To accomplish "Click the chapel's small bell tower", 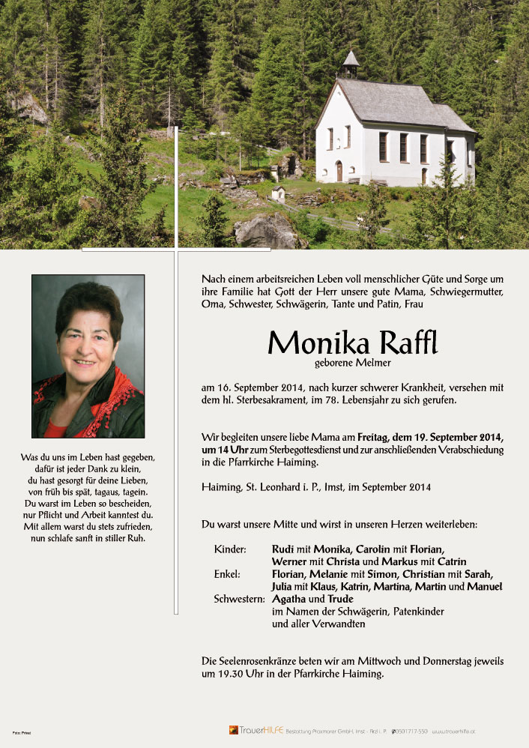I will pyautogui.click(x=351, y=64).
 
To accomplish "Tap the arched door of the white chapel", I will pyautogui.click(x=339, y=171).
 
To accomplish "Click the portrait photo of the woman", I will pyautogui.click(x=88, y=356).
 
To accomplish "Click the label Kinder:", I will pyautogui.click(x=230, y=549).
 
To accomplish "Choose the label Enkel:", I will pyautogui.click(x=227, y=574).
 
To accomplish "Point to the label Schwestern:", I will pyautogui.click(x=239, y=599).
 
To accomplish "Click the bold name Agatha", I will pyautogui.click(x=288, y=599).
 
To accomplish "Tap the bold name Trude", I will pyautogui.click(x=339, y=599).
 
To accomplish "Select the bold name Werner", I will pyautogui.click(x=289, y=561).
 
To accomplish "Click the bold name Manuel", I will pyautogui.click(x=484, y=586).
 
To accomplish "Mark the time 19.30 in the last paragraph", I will pyautogui.click(x=229, y=674).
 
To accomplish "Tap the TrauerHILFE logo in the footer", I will pyautogui.click(x=257, y=730).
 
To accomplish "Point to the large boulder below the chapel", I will pyautogui.click(x=267, y=232).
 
